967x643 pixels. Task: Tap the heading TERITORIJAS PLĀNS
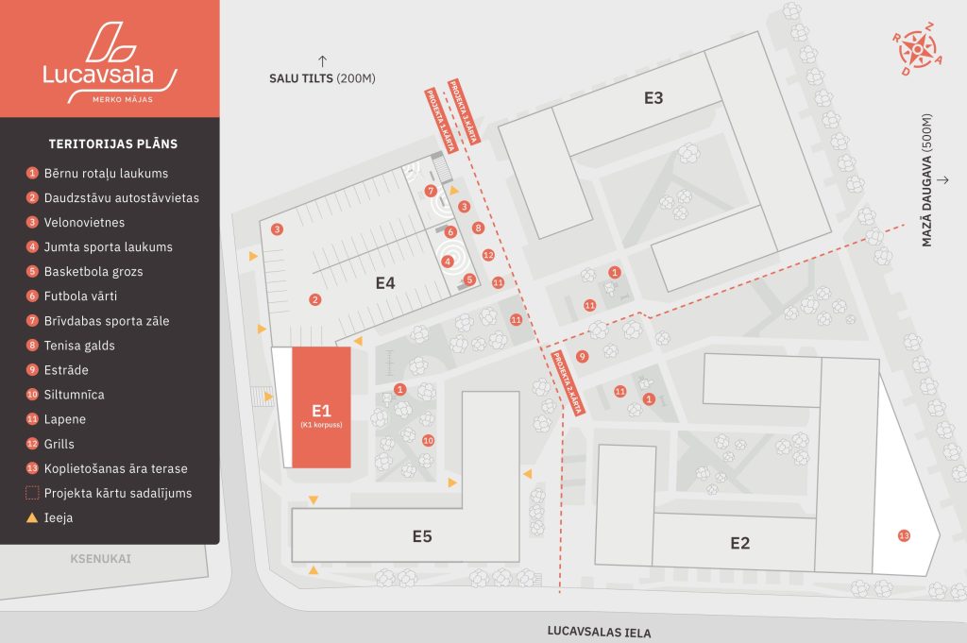click(x=113, y=144)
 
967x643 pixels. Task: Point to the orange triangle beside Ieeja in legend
click(x=32, y=517)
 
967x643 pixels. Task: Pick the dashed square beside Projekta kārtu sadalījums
click(x=32, y=493)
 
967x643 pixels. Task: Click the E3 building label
click(x=653, y=97)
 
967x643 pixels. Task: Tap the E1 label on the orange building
click(x=321, y=411)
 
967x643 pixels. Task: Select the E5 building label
click(x=422, y=536)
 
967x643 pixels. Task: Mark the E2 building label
click(x=739, y=543)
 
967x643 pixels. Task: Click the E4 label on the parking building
click(x=384, y=282)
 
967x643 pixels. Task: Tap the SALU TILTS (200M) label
click(x=322, y=78)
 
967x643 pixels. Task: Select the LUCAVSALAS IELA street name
click(x=599, y=633)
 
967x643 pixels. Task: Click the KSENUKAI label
click(x=100, y=559)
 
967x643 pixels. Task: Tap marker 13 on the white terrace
click(x=904, y=536)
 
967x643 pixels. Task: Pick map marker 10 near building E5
click(x=428, y=440)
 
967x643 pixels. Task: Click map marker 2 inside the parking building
click(x=314, y=299)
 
